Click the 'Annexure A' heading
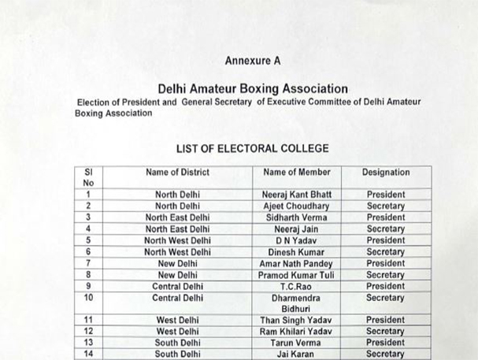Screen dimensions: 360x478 pyautogui.click(x=252, y=61)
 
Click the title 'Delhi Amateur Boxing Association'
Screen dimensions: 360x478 pyautogui.click(x=252, y=89)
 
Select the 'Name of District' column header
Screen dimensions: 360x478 pyautogui.click(x=177, y=172)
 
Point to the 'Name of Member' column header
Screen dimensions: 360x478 pyautogui.click(x=297, y=172)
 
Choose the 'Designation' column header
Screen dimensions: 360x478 pyautogui.click(x=386, y=172)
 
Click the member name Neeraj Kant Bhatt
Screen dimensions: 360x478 pyautogui.click(x=297, y=195)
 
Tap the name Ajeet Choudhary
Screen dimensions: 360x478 pyautogui.click(x=297, y=206)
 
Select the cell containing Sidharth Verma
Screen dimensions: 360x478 pyautogui.click(x=297, y=217)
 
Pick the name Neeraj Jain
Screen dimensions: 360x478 pyautogui.click(x=297, y=229)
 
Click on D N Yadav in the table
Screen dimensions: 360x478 pyautogui.click(x=297, y=240)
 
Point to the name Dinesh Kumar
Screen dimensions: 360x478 pyautogui.click(x=297, y=252)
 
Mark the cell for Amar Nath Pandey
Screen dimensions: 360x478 pyautogui.click(x=297, y=264)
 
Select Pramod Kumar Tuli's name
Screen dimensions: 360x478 pyautogui.click(x=297, y=275)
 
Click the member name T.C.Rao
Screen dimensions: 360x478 pyautogui.click(x=297, y=287)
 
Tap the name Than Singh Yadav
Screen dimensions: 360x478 pyautogui.click(x=297, y=321)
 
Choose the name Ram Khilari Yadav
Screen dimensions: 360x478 pyautogui.click(x=297, y=332)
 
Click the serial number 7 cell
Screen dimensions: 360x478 pyautogui.click(x=89, y=264)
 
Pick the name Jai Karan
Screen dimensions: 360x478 pyautogui.click(x=297, y=354)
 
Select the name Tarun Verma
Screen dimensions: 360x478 pyautogui.click(x=297, y=343)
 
